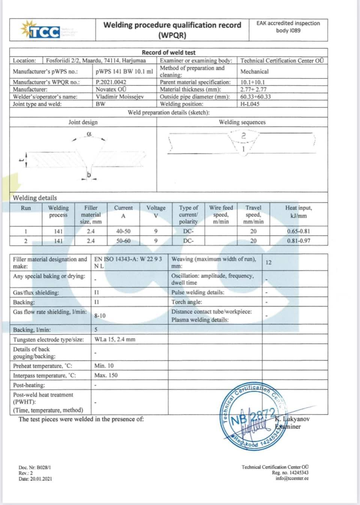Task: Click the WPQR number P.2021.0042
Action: [111, 82]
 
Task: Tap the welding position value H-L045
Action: [250, 104]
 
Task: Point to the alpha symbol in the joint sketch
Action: [89, 134]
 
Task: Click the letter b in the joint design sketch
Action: [89, 174]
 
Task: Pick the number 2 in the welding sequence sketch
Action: [243, 136]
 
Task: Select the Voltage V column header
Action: [156, 212]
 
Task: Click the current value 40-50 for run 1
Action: [123, 231]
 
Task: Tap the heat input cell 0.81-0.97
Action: [298, 240]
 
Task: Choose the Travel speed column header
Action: [253, 214]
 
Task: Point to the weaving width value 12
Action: [268, 262]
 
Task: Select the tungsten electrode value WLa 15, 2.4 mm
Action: [115, 339]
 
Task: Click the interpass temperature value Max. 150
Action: [106, 375]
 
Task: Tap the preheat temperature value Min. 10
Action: [104, 365]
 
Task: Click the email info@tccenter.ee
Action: [292, 478]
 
